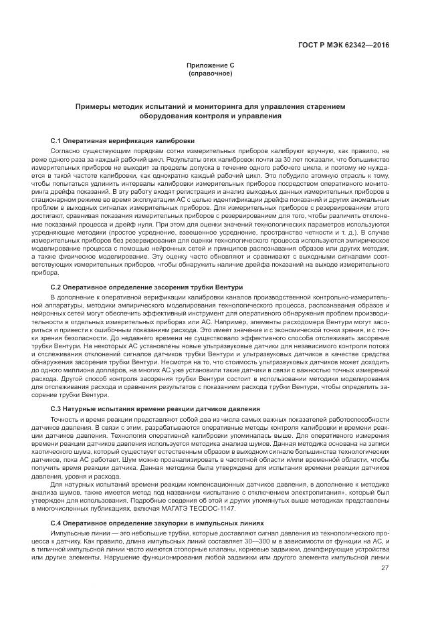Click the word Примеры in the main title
[x=95, y=107]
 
